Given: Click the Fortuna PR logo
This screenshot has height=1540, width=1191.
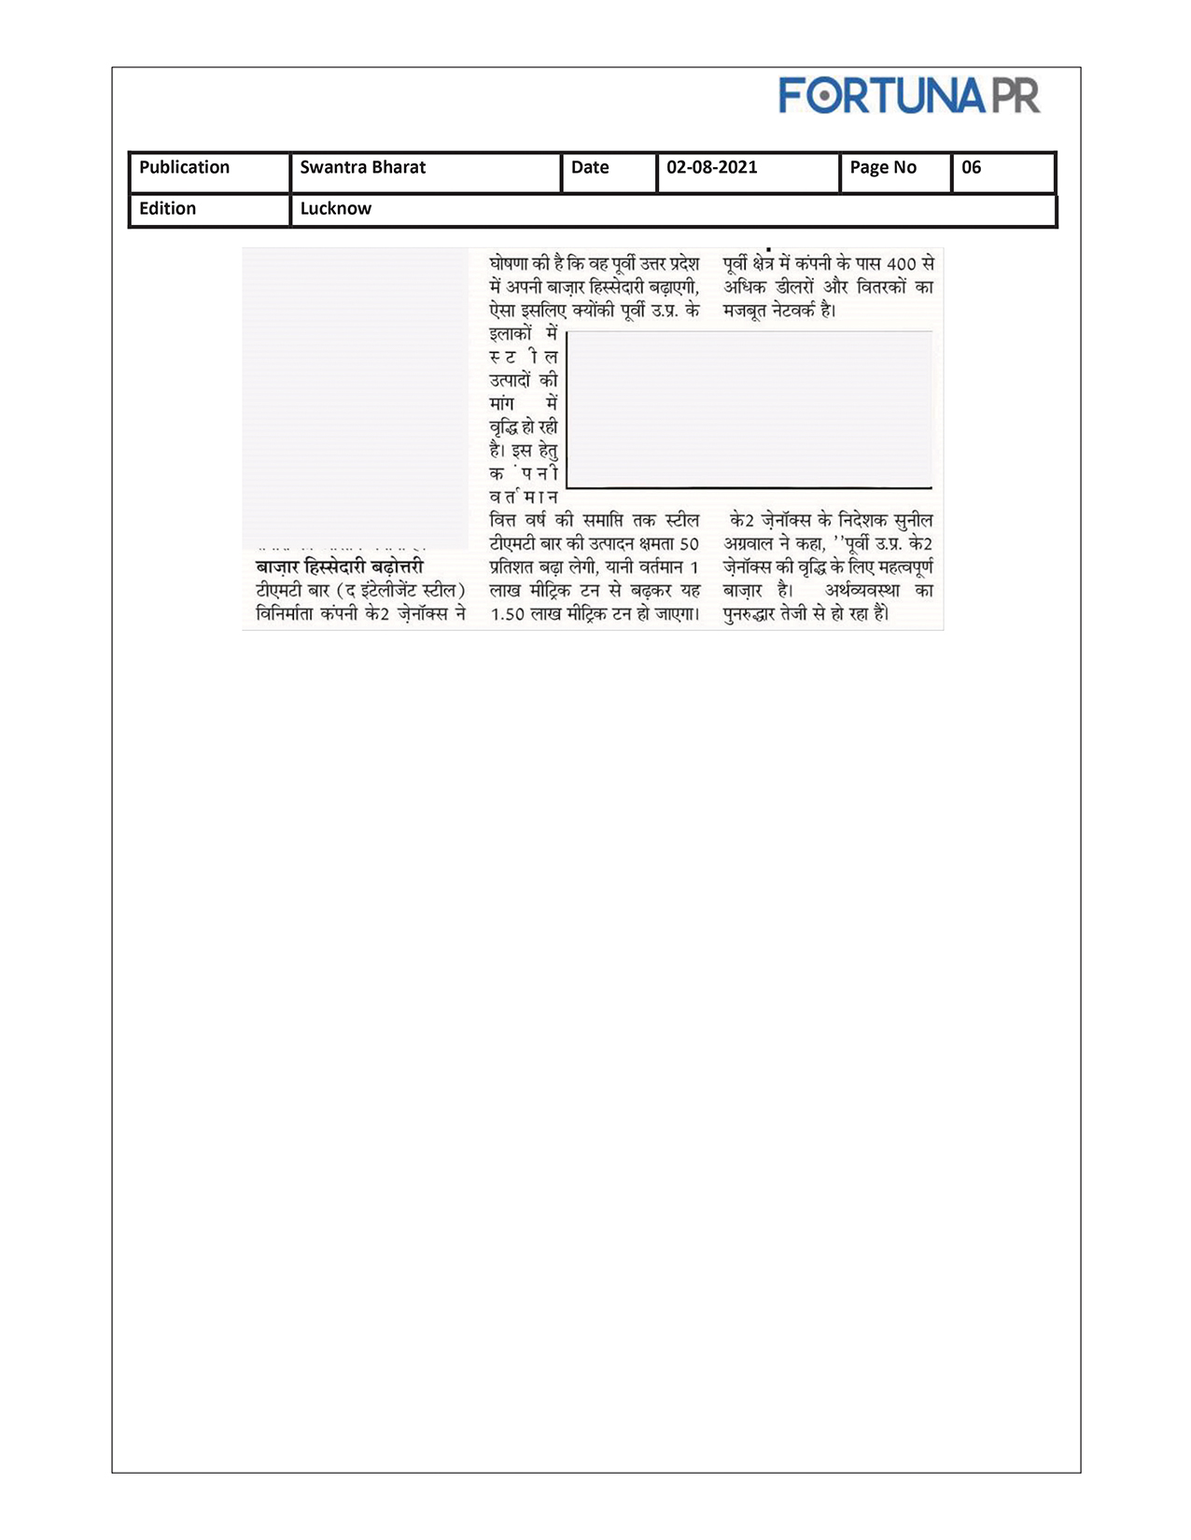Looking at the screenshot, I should tap(908, 96).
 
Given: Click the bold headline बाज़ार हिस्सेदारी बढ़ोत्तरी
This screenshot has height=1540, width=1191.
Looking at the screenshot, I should tap(340, 567).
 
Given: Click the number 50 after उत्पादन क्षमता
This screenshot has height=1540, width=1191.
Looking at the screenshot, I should tap(688, 544).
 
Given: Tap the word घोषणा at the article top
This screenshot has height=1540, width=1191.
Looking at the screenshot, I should tap(509, 264).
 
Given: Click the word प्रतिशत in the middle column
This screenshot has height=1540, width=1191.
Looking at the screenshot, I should tap(511, 567).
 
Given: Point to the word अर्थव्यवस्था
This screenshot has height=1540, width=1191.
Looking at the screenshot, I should tap(862, 591).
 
